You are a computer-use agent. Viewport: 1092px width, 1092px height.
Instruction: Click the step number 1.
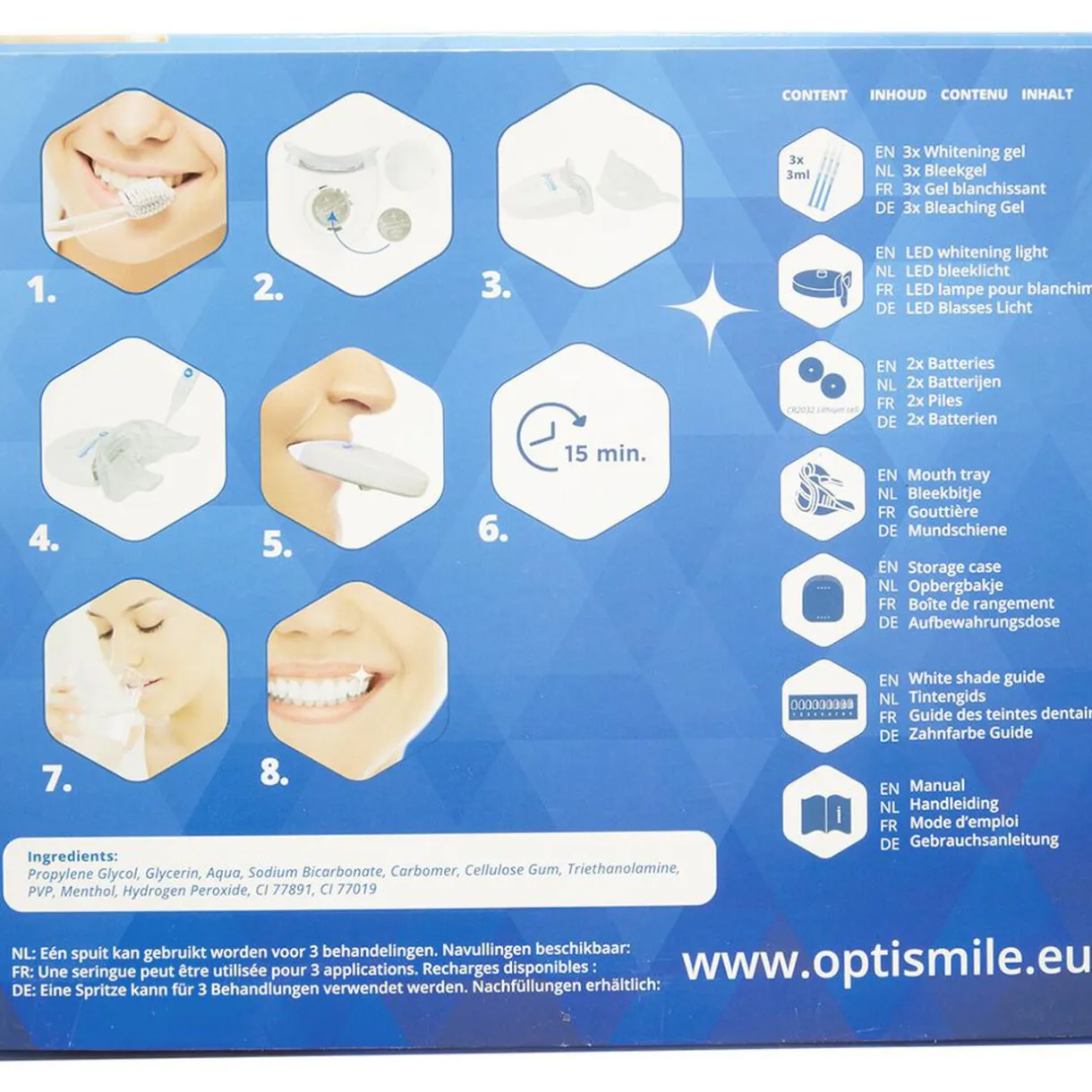(x=41, y=290)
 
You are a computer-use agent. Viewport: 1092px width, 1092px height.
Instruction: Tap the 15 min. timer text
(x=604, y=454)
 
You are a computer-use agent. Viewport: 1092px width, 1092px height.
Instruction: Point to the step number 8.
(x=274, y=772)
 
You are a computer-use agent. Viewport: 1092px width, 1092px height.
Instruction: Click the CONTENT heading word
(x=814, y=95)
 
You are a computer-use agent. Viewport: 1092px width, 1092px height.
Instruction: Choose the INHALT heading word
(x=1046, y=94)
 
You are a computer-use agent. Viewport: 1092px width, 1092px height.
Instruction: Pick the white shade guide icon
(x=822, y=706)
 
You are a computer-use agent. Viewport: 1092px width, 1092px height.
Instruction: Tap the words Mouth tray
(x=948, y=474)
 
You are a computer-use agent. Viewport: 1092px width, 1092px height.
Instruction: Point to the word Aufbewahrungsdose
(x=983, y=622)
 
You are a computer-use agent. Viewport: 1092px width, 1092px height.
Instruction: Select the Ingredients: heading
(x=73, y=857)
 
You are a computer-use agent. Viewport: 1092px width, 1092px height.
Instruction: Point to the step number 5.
(x=277, y=544)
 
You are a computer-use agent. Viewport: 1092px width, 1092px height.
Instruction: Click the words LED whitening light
(x=976, y=252)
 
